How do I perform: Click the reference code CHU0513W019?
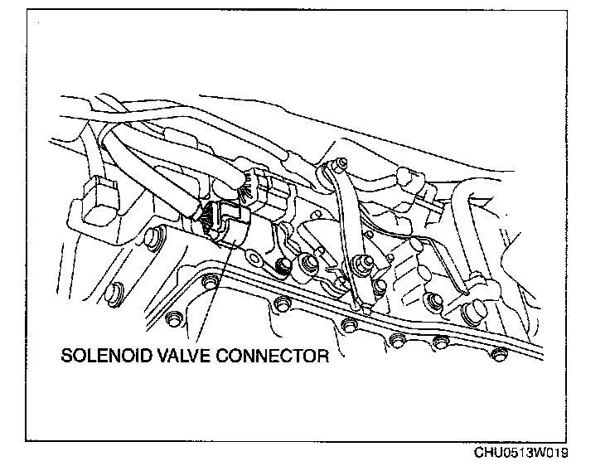(522, 454)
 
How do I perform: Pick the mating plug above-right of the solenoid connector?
(269, 187)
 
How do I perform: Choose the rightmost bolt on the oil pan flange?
(498, 355)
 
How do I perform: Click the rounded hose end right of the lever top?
(406, 177)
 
